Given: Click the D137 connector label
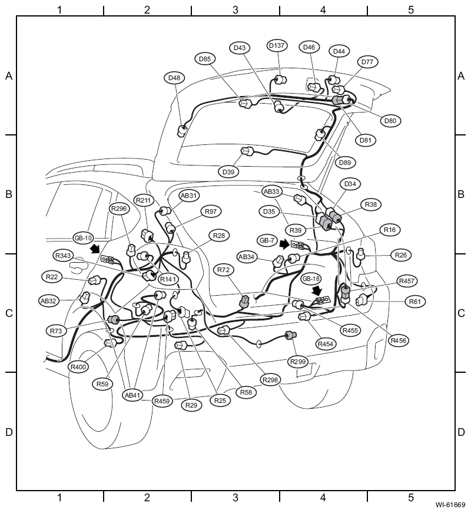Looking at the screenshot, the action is coord(277,45).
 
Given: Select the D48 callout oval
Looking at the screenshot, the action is coord(174,78).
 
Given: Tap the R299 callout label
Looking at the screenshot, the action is coord(298,362).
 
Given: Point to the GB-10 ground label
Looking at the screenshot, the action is coord(84,238).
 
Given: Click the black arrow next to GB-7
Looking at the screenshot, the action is coord(285,244).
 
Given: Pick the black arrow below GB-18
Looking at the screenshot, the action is coord(317,290).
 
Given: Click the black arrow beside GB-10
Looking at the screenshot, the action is coord(95,249).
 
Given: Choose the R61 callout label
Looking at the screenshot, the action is coord(415,302).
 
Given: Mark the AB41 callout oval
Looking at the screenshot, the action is coord(132,395).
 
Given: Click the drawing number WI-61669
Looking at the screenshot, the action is coord(450,505).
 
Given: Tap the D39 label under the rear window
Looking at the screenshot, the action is coord(228,172).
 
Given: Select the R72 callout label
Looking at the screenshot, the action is coord(224,270).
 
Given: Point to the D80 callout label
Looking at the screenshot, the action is coord(390,121).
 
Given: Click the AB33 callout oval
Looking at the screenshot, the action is coord(271,191).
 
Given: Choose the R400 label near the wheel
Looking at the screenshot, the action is coord(78,367).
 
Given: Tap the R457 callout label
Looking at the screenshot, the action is coord(407,281).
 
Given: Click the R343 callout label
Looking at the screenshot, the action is coord(63,256).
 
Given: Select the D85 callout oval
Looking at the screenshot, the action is coord(205,59).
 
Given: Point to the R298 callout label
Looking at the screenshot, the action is coord(270,379).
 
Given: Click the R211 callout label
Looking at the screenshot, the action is coord(144,200).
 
